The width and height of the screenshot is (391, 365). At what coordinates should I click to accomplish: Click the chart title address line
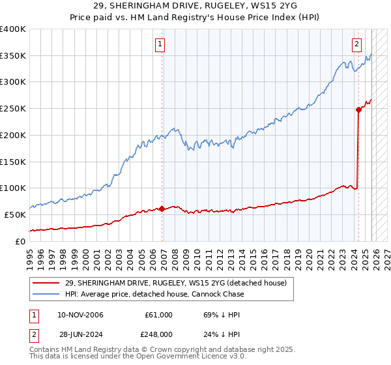[195, 6]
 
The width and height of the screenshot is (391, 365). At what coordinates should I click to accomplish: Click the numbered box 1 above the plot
[160, 45]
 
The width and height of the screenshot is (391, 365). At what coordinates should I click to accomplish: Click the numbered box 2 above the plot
[357, 45]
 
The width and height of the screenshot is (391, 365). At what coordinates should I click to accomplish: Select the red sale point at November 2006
[162, 209]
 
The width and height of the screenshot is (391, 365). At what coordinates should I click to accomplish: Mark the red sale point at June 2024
[358, 109]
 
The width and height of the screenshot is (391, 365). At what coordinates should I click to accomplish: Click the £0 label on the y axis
[20, 241]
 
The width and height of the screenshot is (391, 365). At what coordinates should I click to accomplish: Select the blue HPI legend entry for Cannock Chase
[154, 294]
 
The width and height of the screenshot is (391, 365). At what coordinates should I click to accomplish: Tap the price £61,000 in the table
[158, 315]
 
